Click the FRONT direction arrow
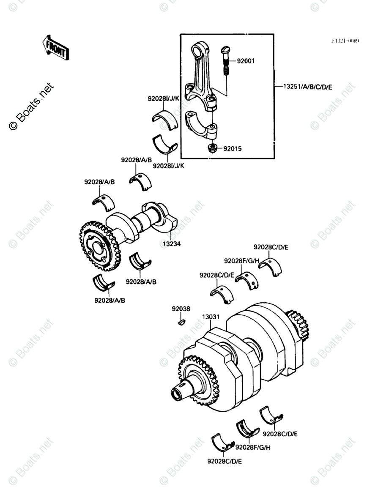coord(55,47)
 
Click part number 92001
coord(246,61)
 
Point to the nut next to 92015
coord(212,148)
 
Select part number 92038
coord(181,309)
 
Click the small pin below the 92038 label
coord(181,323)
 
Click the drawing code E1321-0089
coord(345,41)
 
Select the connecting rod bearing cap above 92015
coord(203,125)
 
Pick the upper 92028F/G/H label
coord(241,260)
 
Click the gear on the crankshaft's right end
coord(299,325)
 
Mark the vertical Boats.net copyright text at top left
coord(32,106)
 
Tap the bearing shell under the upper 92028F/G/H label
coord(247,280)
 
